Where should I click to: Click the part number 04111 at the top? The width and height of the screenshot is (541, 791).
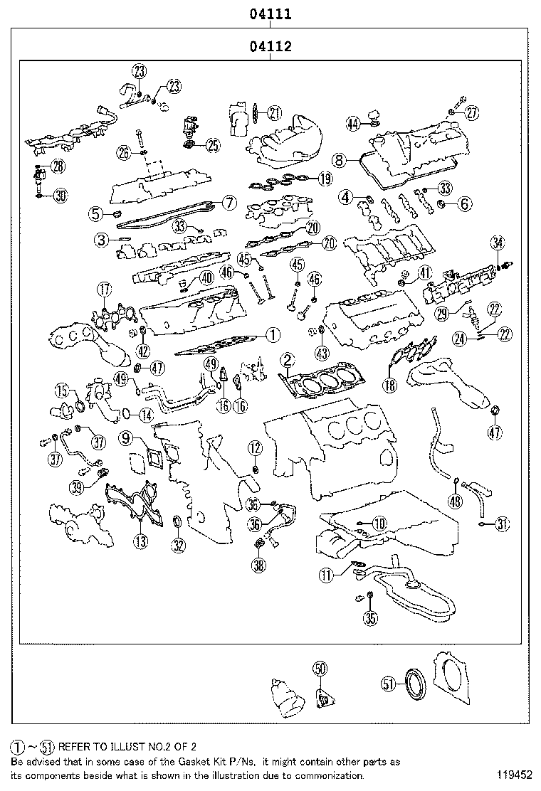270,14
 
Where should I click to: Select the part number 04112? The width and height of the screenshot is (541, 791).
270,48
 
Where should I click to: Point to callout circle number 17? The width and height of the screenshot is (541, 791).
104,290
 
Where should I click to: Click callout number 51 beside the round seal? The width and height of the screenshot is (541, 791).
388,684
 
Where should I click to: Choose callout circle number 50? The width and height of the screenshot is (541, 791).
320,668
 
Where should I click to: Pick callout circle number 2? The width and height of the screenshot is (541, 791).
286,360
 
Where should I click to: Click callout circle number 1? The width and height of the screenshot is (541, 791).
272,333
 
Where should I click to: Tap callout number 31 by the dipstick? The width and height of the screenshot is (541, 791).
503,525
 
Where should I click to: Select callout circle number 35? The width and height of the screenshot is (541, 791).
370,618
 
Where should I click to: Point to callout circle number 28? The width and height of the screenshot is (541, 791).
57,166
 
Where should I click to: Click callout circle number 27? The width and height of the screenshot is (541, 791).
473,112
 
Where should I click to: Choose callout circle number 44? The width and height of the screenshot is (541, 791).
353,124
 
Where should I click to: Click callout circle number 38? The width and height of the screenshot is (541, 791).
257,566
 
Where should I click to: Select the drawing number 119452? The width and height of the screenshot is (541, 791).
513,775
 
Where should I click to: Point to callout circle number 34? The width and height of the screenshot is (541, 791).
497,245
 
